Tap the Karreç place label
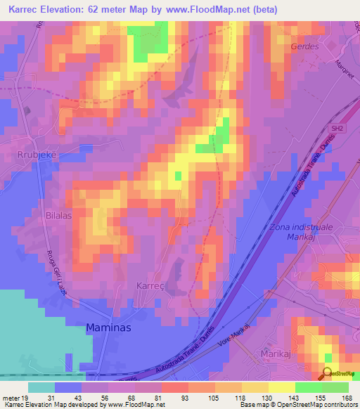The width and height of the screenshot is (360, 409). (148, 287)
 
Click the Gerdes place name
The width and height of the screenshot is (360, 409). (304, 46)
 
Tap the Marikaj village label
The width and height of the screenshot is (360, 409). (276, 352)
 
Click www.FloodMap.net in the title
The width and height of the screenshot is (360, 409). (207, 10)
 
